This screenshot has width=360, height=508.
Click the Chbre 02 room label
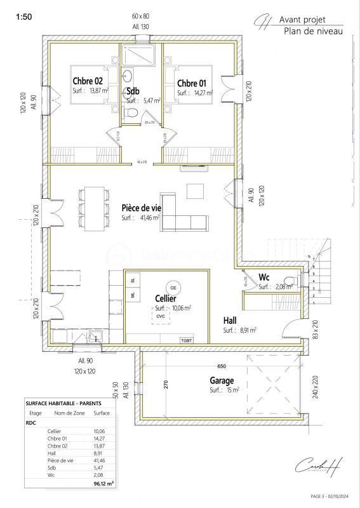point(88,81)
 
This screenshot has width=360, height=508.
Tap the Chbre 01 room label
point(192,83)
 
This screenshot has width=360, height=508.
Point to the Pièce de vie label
point(140,208)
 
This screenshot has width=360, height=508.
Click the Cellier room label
point(166,298)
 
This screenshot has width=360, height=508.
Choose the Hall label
point(231,321)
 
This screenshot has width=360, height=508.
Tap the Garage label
point(222,380)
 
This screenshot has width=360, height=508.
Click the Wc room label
point(265,277)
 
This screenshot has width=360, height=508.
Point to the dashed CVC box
point(161,316)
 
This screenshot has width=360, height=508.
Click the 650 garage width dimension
point(221,367)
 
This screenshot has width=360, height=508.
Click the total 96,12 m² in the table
point(103,483)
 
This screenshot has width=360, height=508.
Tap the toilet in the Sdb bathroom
point(131,112)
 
